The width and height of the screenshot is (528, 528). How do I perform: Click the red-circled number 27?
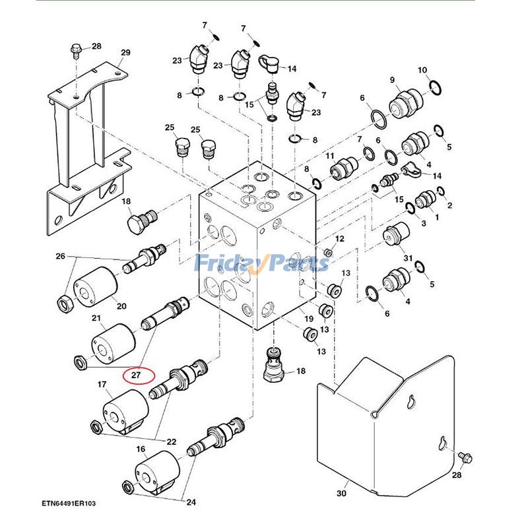137,375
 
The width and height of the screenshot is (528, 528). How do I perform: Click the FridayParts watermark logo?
263,263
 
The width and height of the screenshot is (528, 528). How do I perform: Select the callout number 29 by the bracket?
125,53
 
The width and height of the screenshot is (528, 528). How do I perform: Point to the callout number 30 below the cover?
341,494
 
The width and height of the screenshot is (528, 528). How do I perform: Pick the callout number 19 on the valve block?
308,319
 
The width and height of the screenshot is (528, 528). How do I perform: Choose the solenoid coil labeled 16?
158,469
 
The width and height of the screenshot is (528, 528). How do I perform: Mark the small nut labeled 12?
327,252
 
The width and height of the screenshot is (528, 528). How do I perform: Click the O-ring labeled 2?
442,192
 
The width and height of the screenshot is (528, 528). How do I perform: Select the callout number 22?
171,442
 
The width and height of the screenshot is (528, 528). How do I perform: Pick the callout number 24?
191,502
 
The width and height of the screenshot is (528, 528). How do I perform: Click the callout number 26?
61,256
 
